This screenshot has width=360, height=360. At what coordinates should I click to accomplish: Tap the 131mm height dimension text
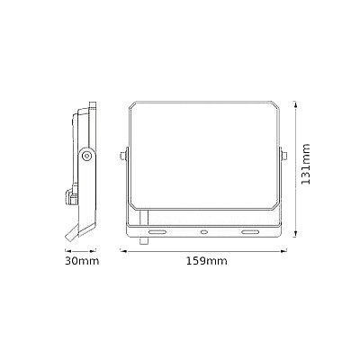pyautogui.click(x=306, y=165)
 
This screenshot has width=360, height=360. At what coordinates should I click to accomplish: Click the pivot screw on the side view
pyautogui.click(x=87, y=156)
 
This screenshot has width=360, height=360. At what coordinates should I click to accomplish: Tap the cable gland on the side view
pyautogui.click(x=68, y=195)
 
